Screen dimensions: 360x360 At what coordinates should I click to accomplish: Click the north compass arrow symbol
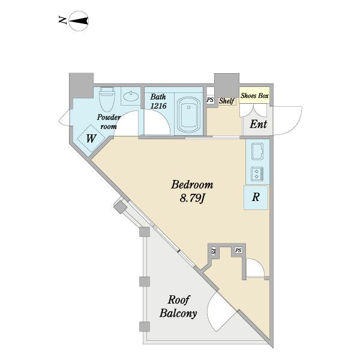point(79,21)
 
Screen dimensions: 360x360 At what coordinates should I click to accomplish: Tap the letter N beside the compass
point(62,20)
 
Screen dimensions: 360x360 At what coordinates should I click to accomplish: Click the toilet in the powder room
point(107,99)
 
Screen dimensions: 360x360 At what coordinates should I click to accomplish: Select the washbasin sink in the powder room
point(131,96)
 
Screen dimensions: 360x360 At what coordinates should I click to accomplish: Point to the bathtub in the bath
point(189,115)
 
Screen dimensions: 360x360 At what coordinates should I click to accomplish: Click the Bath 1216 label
point(158,101)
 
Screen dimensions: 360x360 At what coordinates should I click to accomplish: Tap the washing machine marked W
point(91,138)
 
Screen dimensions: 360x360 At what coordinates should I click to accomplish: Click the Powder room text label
point(108,121)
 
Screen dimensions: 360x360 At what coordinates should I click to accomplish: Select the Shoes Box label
point(254,95)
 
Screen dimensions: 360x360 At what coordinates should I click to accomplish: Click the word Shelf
point(227,101)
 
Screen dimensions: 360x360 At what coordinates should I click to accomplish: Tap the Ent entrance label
point(258,124)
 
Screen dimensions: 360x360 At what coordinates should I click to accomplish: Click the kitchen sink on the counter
point(257,151)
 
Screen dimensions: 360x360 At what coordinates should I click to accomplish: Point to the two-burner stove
point(257,173)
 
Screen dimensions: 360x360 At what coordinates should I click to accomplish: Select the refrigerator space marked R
point(256,197)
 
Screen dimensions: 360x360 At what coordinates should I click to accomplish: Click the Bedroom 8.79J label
point(192,191)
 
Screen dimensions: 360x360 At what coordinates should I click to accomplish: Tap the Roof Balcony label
point(178,307)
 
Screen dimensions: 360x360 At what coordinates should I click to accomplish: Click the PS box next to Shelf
point(210,100)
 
